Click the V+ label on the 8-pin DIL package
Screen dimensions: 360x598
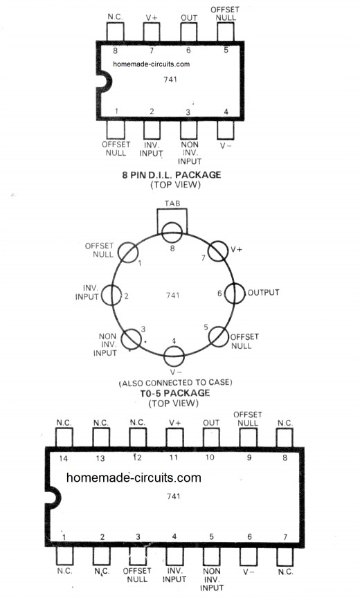(152, 17)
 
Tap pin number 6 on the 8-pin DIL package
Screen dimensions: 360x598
(188, 51)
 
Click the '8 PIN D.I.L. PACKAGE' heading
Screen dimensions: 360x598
(172, 175)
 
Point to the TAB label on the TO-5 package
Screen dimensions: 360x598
(172, 203)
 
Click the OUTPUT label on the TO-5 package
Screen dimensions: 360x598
(264, 293)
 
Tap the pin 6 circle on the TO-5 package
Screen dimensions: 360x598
(234, 293)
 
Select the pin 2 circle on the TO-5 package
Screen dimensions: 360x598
(111, 295)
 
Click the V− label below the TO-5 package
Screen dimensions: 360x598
(176, 372)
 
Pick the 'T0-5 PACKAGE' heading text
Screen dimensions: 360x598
(174, 393)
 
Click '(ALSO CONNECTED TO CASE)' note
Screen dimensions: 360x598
(175, 383)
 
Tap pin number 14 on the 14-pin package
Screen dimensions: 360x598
(63, 458)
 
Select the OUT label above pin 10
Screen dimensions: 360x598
(211, 423)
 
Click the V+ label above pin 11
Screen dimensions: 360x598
(175, 423)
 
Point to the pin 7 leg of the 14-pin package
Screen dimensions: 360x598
(285, 556)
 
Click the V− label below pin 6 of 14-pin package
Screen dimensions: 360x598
(249, 572)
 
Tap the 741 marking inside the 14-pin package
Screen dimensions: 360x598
(174, 496)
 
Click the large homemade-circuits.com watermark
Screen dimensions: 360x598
(134, 478)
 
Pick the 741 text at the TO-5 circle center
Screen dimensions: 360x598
(173, 295)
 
